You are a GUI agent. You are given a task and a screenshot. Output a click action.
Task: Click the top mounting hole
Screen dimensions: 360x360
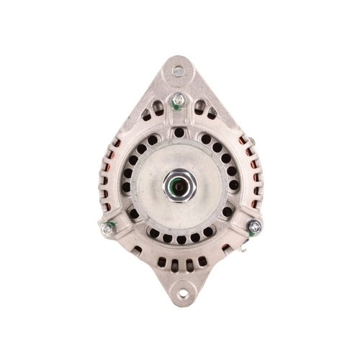pos(179,71)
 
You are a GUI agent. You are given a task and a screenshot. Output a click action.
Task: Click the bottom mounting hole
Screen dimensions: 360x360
pos(182,292)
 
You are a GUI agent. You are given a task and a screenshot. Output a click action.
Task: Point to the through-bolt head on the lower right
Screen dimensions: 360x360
pos(253,227)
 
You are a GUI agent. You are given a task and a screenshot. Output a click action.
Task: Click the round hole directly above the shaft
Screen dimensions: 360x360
pos(179,132)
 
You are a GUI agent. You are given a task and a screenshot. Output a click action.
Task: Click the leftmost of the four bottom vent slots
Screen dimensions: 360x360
pos(163,262)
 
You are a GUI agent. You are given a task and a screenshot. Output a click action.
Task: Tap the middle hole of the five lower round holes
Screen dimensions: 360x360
pos(179,238)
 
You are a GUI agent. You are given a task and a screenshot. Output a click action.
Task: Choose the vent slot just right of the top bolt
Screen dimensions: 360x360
pos(199,107)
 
